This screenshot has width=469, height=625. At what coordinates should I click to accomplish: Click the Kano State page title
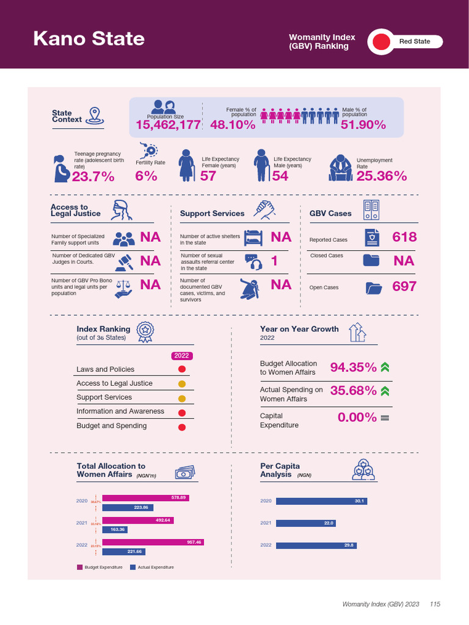point(89,39)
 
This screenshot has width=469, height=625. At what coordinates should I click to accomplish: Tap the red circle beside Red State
point(381,42)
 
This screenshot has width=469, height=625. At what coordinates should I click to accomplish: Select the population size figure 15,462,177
point(168,125)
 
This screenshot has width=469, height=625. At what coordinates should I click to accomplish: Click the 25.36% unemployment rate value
point(381,176)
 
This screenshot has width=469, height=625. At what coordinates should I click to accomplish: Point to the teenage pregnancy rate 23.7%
point(93,176)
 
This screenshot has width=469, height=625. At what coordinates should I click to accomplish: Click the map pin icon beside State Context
point(93,115)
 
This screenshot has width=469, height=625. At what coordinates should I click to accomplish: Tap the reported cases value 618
point(404,237)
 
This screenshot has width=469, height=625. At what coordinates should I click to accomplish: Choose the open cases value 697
point(404,286)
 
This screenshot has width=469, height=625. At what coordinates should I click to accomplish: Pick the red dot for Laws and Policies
point(181,369)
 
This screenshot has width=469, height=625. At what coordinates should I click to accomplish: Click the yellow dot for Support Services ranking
point(181,398)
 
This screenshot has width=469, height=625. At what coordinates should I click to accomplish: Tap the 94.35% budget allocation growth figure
point(353,367)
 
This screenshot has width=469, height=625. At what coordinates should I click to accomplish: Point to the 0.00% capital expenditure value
point(357,417)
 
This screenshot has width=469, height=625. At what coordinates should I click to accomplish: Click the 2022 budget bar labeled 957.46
point(153,542)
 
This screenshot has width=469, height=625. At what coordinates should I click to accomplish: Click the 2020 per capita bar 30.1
point(321,501)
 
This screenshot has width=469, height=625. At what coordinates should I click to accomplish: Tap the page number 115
point(435,604)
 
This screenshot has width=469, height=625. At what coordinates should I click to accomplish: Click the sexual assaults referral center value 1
point(274,261)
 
